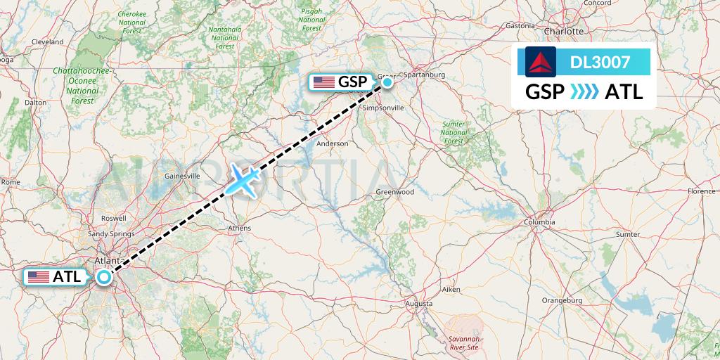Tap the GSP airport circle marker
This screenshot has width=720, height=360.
tap(387, 83)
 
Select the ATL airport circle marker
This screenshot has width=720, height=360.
tap(104, 277)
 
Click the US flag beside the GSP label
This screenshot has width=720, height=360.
tap(324, 82)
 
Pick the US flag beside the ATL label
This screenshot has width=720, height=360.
tap(39, 277)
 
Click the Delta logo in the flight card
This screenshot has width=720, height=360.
tap(540, 62)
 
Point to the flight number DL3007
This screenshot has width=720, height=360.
tap(600, 63)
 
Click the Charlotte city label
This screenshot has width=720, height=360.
tap(565, 31)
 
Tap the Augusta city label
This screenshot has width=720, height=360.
tap(419, 303)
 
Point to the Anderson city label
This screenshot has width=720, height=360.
tap(333, 143)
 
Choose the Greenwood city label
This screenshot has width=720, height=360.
tap(395, 192)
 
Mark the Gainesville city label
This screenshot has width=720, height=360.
tap(182, 176)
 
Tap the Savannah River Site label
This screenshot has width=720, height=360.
tap(463, 342)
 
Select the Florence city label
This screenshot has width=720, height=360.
tap(701, 191)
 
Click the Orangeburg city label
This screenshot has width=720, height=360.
tap(562, 300)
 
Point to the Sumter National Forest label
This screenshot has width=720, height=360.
tap(454, 132)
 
